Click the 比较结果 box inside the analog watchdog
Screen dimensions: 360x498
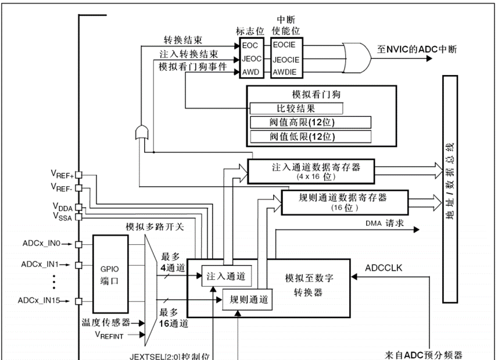(x=296, y=108)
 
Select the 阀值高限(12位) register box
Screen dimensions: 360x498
(x=310, y=122)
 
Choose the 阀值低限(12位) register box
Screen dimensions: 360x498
(x=310, y=137)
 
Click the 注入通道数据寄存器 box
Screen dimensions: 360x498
(x=311, y=170)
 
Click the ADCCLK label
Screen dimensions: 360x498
(x=388, y=268)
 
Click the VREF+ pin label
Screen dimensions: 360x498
(x=62, y=174)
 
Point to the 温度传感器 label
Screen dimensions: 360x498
(x=105, y=322)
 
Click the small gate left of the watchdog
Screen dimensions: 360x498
(x=141, y=133)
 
